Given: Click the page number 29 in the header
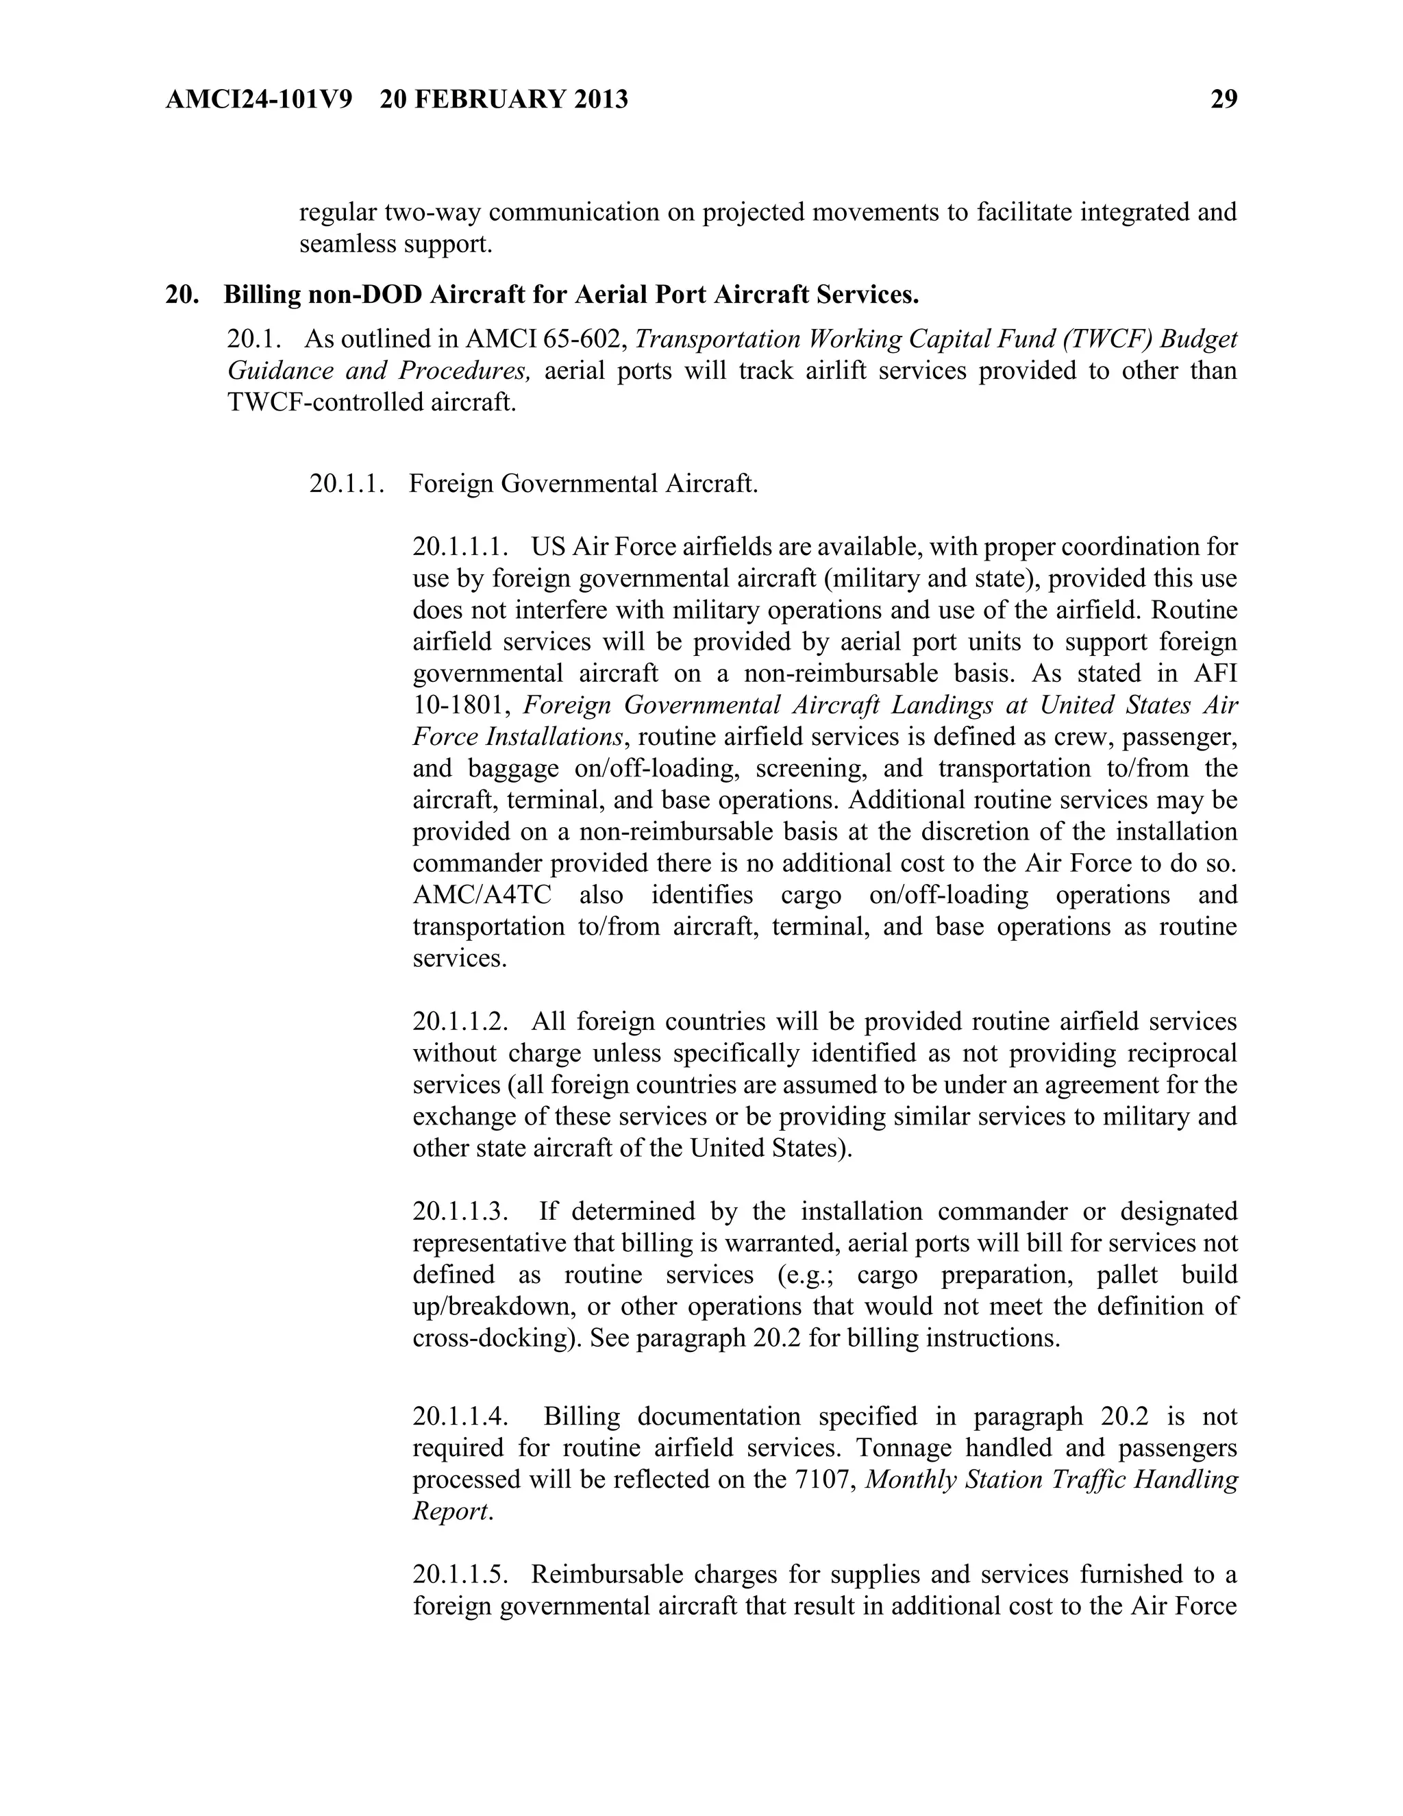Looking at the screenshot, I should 1224,100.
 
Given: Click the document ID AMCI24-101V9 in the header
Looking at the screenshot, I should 258,100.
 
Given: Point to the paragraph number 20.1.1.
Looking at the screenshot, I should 347,483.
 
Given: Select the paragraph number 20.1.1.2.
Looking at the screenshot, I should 460,1021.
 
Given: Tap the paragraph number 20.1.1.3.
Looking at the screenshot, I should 460,1211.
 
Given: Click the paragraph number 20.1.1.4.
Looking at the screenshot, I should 460,1416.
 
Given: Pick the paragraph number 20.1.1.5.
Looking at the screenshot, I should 460,1574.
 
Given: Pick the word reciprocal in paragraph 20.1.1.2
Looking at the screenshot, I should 1182,1053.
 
